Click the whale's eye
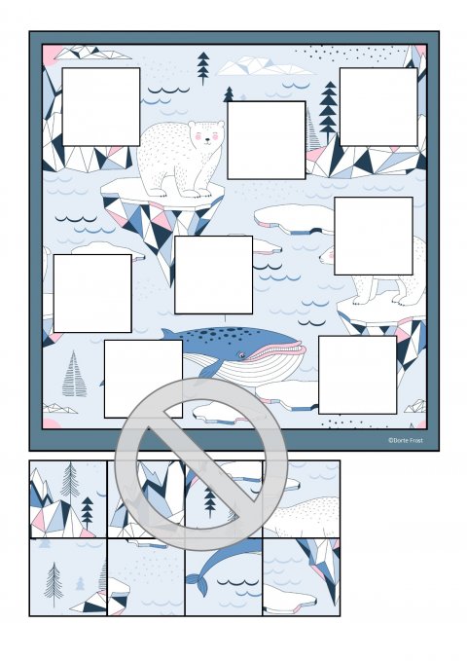click(242, 355)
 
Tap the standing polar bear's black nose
click(207, 140)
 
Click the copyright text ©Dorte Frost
click(405, 440)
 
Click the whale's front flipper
click(208, 370)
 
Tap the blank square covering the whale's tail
click(143, 379)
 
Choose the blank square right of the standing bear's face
click(267, 140)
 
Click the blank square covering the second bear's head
click(374, 236)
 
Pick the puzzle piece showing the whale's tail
click(224, 576)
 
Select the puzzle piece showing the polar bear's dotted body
click(302, 499)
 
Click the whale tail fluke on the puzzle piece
click(198, 584)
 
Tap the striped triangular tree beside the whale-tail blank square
click(74, 375)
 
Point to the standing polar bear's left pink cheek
click(198, 136)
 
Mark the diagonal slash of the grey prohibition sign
click(201, 463)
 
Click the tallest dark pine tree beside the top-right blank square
click(328, 113)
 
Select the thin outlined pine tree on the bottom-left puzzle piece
click(54, 584)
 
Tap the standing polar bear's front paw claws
click(198, 195)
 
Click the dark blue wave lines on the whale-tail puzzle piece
click(237, 582)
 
